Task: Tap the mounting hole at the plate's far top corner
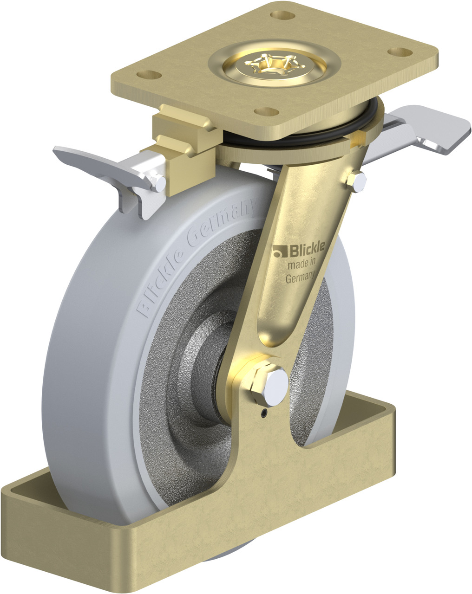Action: click(282, 15)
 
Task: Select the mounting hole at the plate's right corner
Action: click(400, 52)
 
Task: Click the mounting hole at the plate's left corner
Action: click(149, 75)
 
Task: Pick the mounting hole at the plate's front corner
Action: click(266, 111)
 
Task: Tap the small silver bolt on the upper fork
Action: click(358, 181)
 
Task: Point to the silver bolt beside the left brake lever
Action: click(158, 183)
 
